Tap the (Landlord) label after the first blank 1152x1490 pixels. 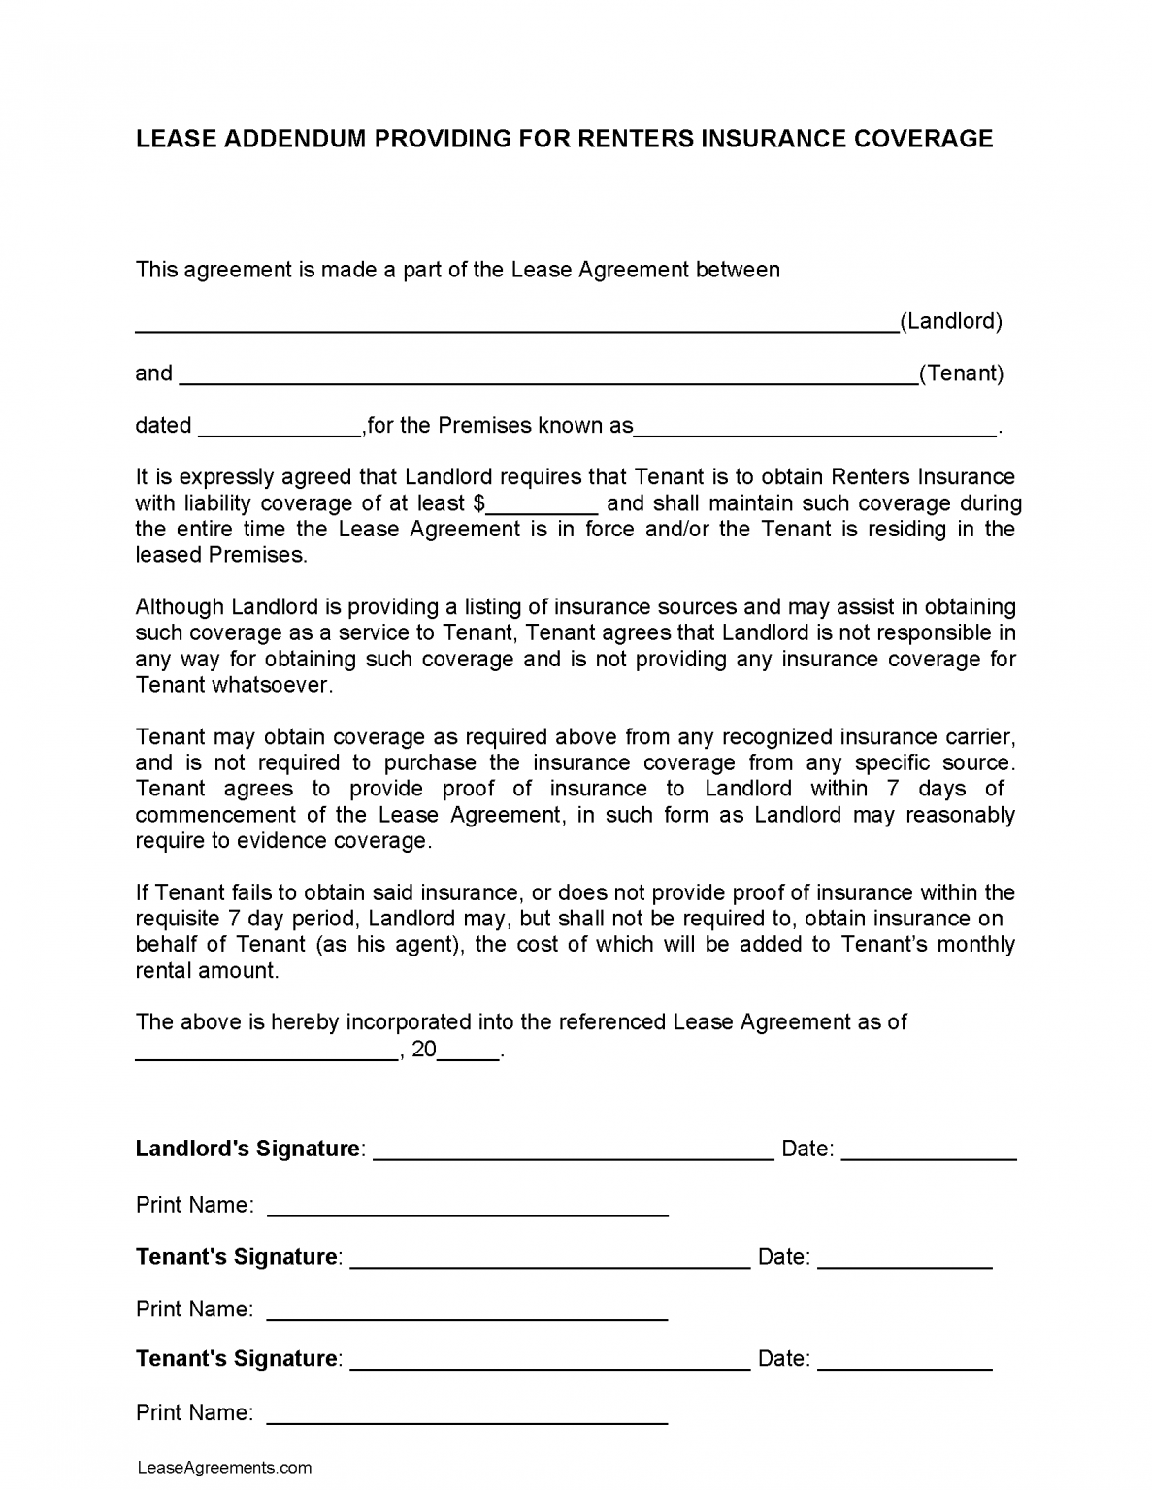[x=951, y=321]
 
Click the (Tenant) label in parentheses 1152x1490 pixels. [x=961, y=373]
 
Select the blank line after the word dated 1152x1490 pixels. [x=280, y=428]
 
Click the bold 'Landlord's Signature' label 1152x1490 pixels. [x=247, y=1149]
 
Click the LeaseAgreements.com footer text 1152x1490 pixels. [x=224, y=1468]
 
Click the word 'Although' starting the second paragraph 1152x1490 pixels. [x=180, y=607]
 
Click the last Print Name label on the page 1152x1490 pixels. [x=194, y=1413]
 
